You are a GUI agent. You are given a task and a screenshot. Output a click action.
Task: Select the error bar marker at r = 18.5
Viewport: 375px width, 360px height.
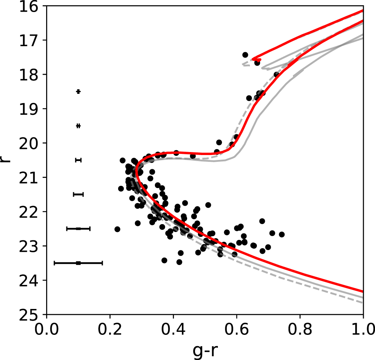pos(78,92)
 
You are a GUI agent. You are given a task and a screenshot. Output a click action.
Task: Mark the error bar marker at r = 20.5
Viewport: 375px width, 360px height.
pos(78,160)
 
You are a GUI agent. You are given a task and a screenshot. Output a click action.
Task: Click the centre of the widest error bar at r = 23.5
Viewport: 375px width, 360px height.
pos(78,263)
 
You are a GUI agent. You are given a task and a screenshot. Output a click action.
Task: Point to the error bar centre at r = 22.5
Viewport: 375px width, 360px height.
pos(78,229)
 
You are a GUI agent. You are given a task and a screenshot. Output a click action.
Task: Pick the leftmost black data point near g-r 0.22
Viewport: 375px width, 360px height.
pos(117,229)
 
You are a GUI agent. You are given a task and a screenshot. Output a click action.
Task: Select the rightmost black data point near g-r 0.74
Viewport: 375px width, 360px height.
pos(282,234)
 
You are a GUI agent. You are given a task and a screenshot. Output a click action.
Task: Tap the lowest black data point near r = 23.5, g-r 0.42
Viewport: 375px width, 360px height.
pos(179,262)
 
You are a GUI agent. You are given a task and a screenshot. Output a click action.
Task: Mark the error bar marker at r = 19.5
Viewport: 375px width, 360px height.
pos(78,126)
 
